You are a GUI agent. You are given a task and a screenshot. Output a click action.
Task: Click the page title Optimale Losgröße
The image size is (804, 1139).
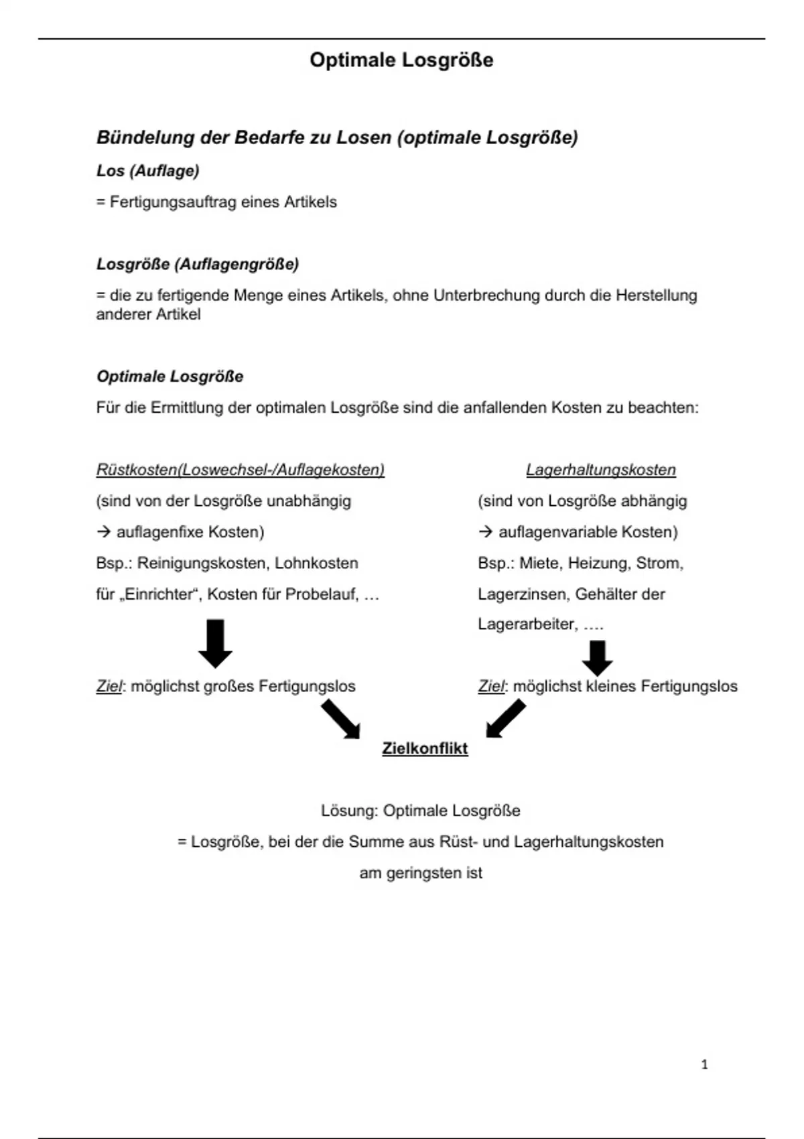[x=401, y=60]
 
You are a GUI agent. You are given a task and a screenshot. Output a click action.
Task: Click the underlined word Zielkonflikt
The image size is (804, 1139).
[x=425, y=748]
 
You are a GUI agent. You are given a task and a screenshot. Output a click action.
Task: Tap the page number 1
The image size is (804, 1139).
[x=704, y=1065]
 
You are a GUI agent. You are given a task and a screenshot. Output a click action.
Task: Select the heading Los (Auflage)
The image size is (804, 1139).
[x=148, y=171]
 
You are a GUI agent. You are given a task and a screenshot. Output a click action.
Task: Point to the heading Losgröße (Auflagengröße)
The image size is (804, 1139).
[x=198, y=264]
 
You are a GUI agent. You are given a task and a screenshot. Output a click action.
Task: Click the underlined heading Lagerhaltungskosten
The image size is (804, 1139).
[x=601, y=470]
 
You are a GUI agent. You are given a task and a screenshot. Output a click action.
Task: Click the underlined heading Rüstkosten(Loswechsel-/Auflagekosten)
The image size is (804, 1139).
[x=241, y=470]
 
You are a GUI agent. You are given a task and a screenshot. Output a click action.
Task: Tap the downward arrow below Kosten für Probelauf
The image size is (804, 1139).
[x=215, y=643]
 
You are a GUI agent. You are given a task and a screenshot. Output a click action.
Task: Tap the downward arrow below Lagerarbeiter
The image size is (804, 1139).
[x=597, y=658]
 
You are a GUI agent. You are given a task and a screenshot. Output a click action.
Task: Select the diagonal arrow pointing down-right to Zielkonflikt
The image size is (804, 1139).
[x=340, y=719]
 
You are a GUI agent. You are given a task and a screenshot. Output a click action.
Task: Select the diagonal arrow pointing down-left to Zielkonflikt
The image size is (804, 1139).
[x=506, y=719]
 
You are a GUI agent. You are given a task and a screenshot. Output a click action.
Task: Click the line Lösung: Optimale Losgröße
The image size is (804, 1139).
[x=420, y=811]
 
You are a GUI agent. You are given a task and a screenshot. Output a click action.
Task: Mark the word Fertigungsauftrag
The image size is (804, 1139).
[x=172, y=202]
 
